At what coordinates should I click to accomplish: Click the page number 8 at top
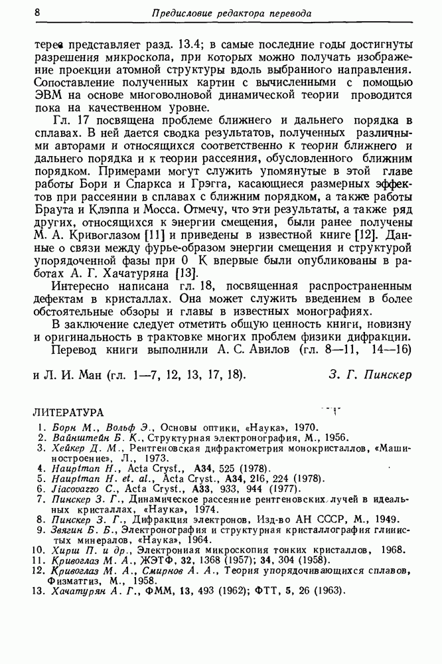coord(38,13)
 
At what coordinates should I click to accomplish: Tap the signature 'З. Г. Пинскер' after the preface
coord(370,374)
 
